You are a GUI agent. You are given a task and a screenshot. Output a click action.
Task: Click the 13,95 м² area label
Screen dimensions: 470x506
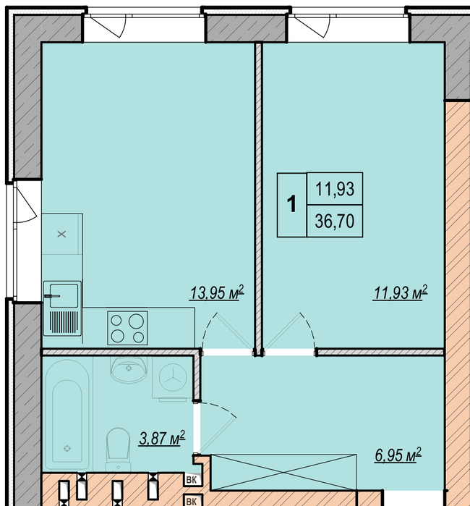[217, 292]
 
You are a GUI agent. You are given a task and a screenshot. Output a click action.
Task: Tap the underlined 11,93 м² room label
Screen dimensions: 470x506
[401, 292]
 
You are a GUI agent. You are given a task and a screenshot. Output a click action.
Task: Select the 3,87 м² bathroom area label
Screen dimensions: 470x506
[162, 437]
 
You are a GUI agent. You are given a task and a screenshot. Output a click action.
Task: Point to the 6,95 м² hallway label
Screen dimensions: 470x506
[398, 455]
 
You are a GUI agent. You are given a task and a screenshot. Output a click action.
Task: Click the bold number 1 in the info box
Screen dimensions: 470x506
[291, 204]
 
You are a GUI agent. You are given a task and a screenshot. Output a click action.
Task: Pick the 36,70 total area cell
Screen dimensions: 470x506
[335, 221]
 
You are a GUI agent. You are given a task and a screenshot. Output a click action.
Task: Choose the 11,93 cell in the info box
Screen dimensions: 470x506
[335, 189]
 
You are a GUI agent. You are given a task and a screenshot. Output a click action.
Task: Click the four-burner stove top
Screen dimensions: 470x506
[127, 328]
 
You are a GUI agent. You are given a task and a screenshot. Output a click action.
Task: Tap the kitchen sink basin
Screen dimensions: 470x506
[64, 295]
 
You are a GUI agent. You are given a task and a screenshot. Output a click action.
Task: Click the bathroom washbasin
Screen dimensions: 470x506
[129, 370]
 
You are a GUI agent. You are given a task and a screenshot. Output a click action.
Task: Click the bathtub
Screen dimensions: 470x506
[67, 415]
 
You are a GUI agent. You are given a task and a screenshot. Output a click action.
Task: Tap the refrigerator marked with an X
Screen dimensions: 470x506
[62, 234]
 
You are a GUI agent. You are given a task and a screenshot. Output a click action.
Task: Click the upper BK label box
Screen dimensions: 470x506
[192, 480]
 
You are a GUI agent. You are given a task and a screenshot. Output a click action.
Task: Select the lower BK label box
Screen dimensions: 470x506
[192, 500]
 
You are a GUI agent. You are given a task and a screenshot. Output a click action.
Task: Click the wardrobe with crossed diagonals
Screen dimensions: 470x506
[283, 472]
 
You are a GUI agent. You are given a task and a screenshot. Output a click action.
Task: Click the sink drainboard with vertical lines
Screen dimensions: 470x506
[64, 321]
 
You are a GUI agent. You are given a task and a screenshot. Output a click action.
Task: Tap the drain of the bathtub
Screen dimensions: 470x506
[67, 448]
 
